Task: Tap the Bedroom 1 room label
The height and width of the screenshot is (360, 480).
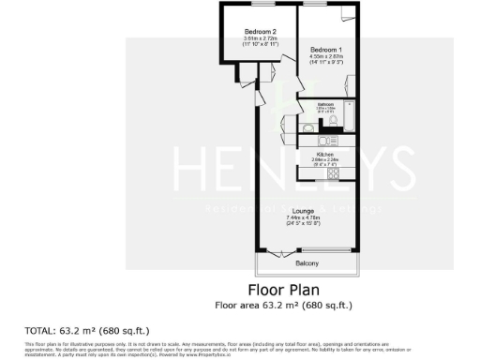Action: (326, 48)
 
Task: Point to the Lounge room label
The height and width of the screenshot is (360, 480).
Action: (303, 211)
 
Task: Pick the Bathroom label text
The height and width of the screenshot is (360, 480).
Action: (325, 104)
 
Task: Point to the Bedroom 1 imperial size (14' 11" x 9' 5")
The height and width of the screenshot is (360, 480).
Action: (326, 62)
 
